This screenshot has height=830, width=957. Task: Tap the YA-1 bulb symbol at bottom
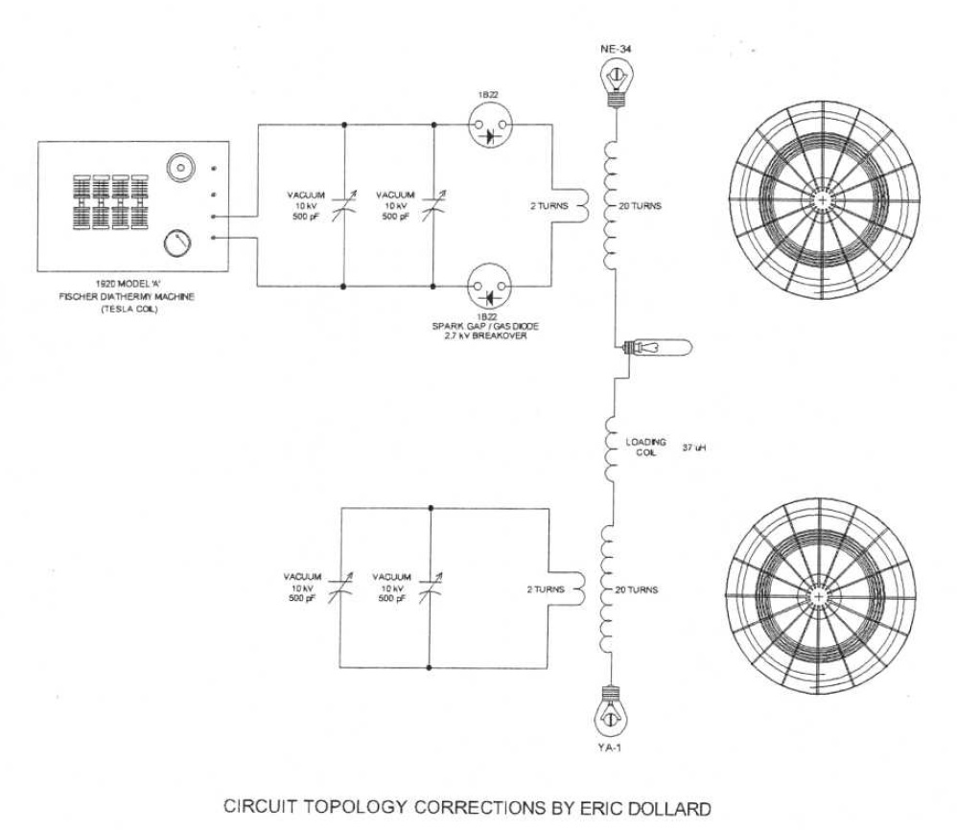click(x=611, y=712)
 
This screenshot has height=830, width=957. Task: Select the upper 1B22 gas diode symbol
click(x=490, y=126)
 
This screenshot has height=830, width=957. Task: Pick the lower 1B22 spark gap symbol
click(x=489, y=286)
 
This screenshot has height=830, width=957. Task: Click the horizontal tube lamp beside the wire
click(x=657, y=348)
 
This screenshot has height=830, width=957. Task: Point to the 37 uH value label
click(x=694, y=448)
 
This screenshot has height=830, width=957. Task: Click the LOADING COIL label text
click(x=645, y=447)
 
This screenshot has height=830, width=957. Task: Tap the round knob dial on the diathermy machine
click(x=177, y=243)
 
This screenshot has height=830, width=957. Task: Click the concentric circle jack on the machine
click(x=180, y=167)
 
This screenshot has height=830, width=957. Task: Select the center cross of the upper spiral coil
click(x=823, y=199)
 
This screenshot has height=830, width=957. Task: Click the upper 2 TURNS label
click(x=549, y=206)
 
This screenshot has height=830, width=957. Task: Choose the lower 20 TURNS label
click(x=636, y=589)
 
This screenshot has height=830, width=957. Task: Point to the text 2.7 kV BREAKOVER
click(x=485, y=336)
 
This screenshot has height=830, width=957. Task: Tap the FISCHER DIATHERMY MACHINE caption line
click(x=127, y=296)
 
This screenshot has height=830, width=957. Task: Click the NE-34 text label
click(x=616, y=50)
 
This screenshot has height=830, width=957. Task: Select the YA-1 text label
click(x=609, y=748)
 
